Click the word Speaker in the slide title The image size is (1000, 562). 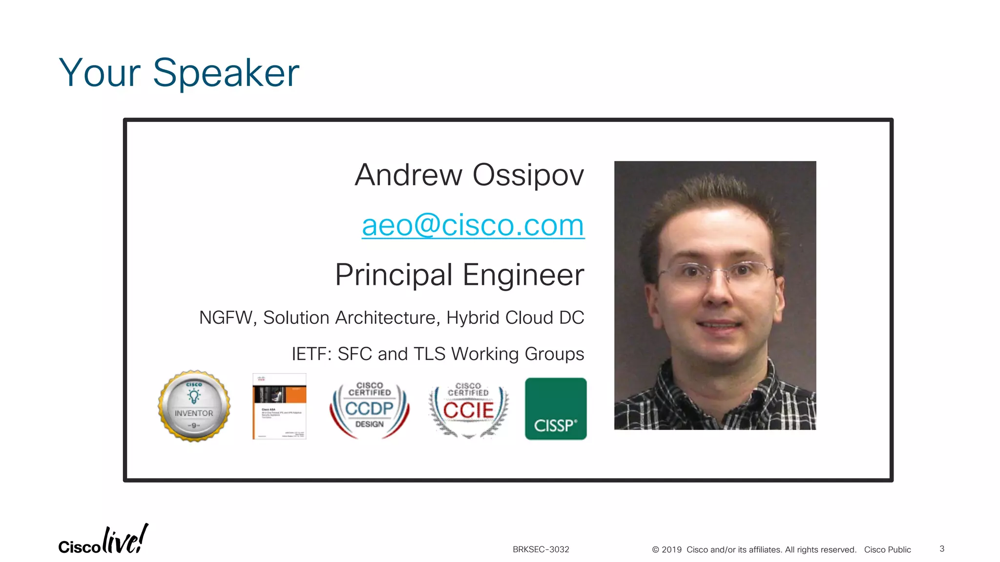(226, 73)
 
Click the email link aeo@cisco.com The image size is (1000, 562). (473, 225)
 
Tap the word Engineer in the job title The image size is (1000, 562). (523, 275)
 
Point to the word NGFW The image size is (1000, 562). (226, 318)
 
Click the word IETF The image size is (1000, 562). (310, 354)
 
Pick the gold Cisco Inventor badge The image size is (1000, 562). (194, 406)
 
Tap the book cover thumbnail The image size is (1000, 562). (279, 406)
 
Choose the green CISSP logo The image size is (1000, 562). (556, 409)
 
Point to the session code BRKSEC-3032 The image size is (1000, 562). (541, 549)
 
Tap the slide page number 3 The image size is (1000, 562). (942, 549)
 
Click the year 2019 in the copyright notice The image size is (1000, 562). (671, 550)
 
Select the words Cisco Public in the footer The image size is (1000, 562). (887, 550)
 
